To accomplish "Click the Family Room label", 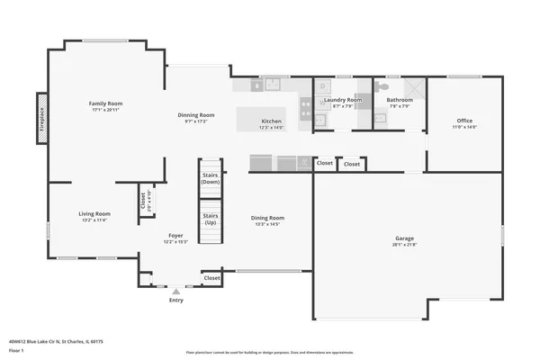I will [x=104, y=104].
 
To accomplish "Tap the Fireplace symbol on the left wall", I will [x=40, y=117].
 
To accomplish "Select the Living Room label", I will [x=94, y=213].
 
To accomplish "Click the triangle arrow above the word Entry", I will [x=176, y=292].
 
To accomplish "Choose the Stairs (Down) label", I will [x=211, y=178].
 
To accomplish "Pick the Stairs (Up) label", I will [x=211, y=219].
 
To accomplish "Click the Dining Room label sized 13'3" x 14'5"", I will [x=267, y=218].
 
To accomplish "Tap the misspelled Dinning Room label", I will [x=195, y=115].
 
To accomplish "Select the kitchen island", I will [x=261, y=119].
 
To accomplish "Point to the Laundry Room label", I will [x=342, y=100].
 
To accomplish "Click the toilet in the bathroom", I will [x=382, y=86].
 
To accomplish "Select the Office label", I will [x=464, y=121].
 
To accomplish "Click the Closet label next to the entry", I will [x=211, y=278].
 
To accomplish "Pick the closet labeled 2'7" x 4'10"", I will [x=143, y=200].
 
